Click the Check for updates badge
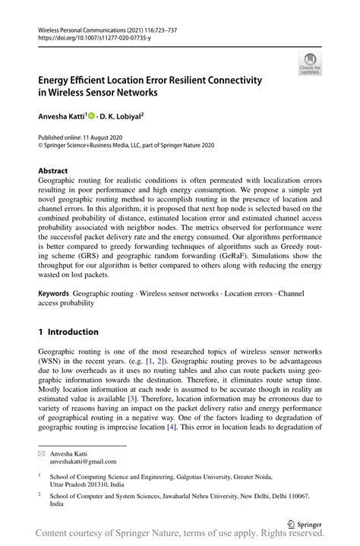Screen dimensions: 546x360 point(310,64)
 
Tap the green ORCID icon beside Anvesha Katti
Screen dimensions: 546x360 point(92,118)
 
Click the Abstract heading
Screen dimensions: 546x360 point(53,171)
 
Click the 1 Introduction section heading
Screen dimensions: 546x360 point(68,332)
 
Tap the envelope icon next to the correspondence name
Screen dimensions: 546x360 point(42,453)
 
